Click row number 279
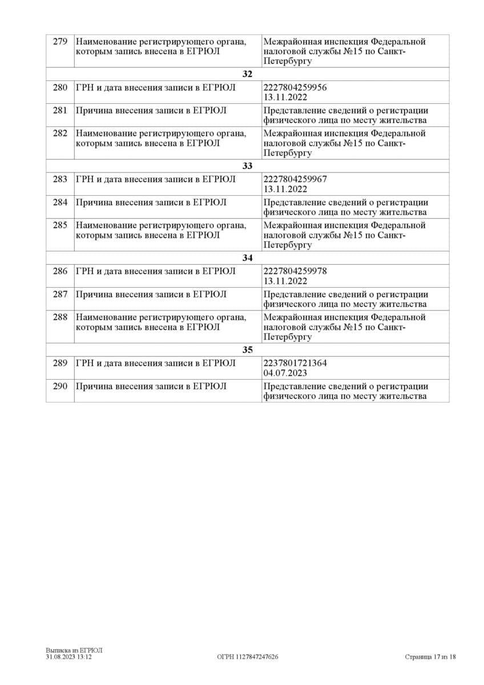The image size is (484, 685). [60, 42]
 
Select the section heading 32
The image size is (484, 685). [247, 74]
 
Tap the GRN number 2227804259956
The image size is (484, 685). [296, 87]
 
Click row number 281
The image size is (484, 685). [60, 110]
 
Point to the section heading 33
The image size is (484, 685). [247, 166]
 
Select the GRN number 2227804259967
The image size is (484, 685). [296, 179]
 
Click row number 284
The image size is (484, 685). [60, 202]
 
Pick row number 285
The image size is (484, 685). [60, 225]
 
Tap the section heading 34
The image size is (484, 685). [247, 258]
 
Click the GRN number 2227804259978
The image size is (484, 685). [296, 271]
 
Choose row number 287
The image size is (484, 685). [60, 294]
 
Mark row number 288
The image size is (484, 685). [60, 317]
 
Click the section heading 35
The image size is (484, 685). [247, 350]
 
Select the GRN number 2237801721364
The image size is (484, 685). [296, 363]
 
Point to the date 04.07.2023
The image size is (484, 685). [285, 373]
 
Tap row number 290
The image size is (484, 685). [60, 386]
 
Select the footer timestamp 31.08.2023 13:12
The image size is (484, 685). [69, 657]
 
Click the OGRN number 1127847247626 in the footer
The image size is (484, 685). [248, 657]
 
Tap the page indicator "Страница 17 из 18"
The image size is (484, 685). [430, 657]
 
